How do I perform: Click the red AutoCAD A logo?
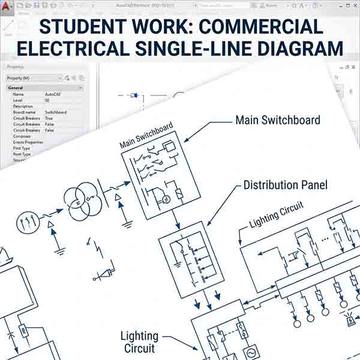pos(7,7)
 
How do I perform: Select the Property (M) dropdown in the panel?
pos(33,78)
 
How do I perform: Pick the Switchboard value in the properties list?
pos(56,112)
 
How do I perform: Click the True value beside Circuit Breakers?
pos(49,118)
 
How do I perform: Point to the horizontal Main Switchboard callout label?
pos(277,120)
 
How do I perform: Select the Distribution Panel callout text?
pos(286,185)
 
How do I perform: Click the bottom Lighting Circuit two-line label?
pos(139,342)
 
